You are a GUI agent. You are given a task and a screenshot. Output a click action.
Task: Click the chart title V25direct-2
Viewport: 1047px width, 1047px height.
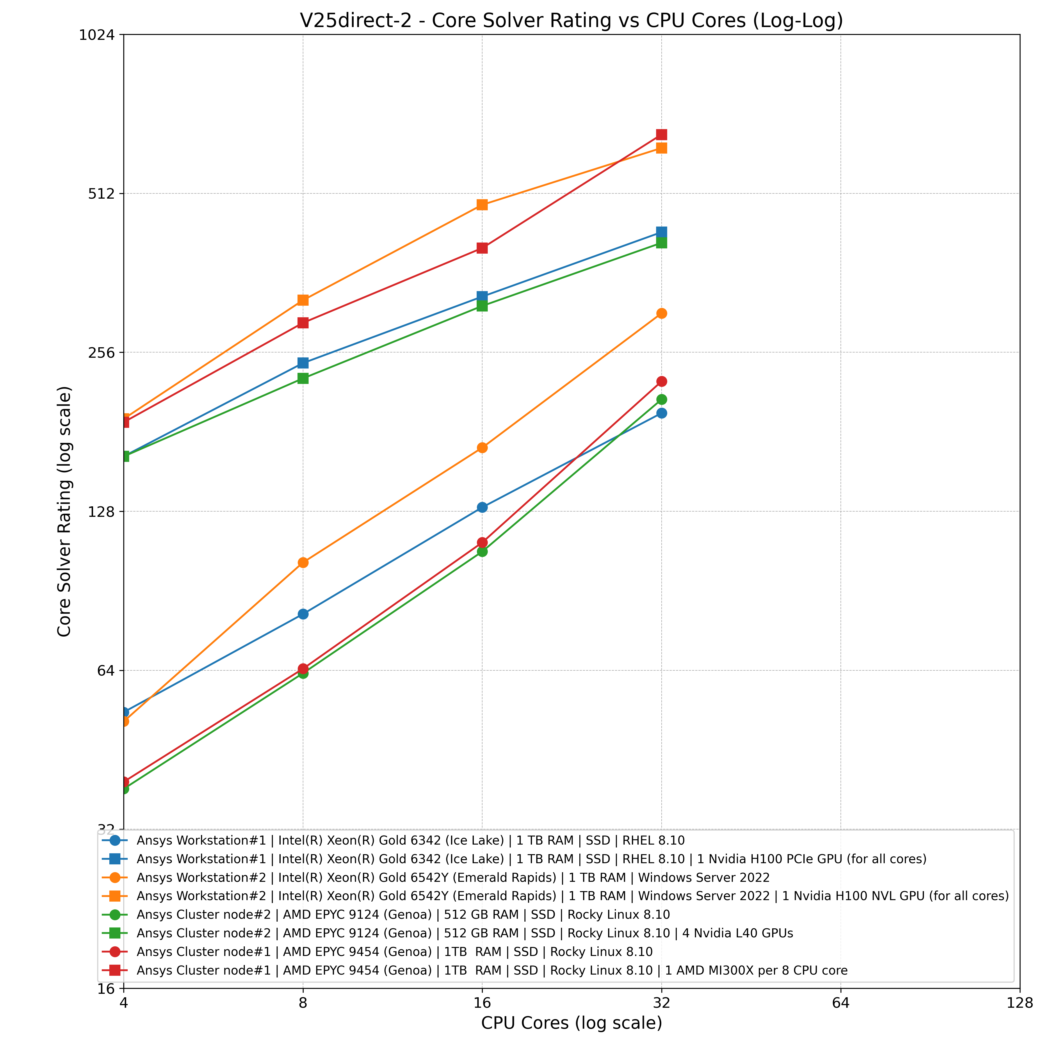pyautogui.click(x=571, y=21)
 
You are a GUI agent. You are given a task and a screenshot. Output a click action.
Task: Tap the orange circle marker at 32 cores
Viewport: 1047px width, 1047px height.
pyautogui.click(x=661, y=313)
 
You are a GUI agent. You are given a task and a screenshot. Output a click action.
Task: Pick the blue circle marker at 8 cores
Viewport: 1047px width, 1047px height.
pyautogui.click(x=303, y=614)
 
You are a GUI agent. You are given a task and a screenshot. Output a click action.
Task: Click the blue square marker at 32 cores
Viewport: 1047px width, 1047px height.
pyautogui.click(x=661, y=232)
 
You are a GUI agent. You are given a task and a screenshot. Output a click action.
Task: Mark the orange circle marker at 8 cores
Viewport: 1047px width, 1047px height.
pyautogui.click(x=303, y=562)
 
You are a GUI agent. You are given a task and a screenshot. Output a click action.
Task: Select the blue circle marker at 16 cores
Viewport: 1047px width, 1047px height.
pyautogui.click(x=482, y=507)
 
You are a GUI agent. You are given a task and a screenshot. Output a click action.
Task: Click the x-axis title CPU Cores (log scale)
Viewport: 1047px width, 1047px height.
pyautogui.click(x=571, y=1023)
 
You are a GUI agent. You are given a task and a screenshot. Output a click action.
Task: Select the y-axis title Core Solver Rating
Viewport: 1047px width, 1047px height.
pyautogui.click(x=65, y=511)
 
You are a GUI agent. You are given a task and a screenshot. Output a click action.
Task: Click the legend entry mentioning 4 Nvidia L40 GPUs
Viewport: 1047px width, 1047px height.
pyautogui.click(x=464, y=933)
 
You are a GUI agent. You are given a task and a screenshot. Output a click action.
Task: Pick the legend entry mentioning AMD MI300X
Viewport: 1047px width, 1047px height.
pyautogui.click(x=492, y=970)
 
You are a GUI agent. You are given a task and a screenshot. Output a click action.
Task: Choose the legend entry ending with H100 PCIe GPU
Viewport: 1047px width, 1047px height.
pyautogui.click(x=531, y=859)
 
